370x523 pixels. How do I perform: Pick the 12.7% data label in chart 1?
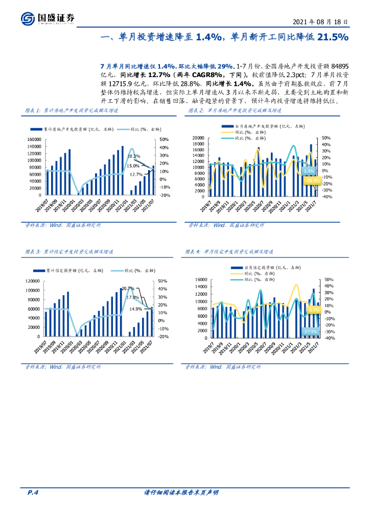[135, 174]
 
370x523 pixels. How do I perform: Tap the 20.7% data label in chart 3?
[128, 289]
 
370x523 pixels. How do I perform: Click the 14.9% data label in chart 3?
[135, 308]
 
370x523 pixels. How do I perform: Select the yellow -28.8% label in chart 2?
[312, 180]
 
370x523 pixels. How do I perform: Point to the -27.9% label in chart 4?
[310, 331]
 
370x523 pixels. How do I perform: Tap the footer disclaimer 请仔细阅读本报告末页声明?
[181, 492]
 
